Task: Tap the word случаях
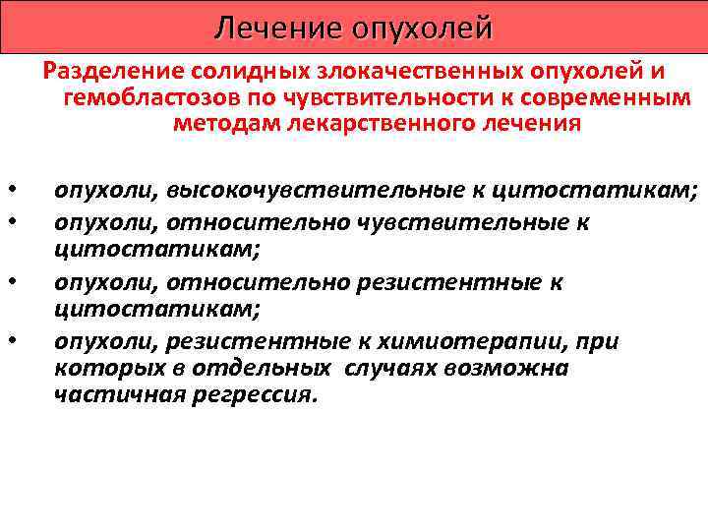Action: point(387,369)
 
